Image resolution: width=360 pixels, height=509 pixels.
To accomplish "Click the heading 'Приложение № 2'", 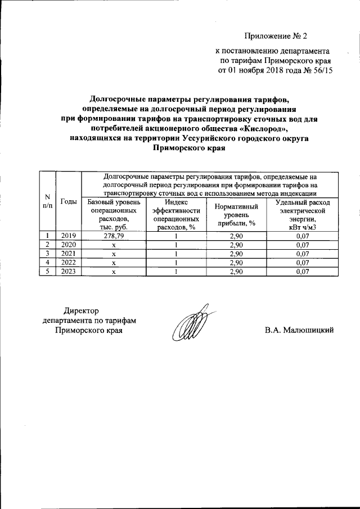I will [280, 37].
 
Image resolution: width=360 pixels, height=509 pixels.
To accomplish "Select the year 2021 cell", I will [68, 254].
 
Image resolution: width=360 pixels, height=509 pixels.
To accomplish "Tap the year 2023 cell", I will [68, 271].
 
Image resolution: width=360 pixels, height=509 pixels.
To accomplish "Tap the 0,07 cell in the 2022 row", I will [299, 263].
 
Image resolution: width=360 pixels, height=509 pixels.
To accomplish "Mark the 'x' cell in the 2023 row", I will [114, 272].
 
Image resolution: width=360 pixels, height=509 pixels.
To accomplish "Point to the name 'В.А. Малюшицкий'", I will [300, 330].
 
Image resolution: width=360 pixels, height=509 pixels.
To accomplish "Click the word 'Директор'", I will [81, 310].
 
